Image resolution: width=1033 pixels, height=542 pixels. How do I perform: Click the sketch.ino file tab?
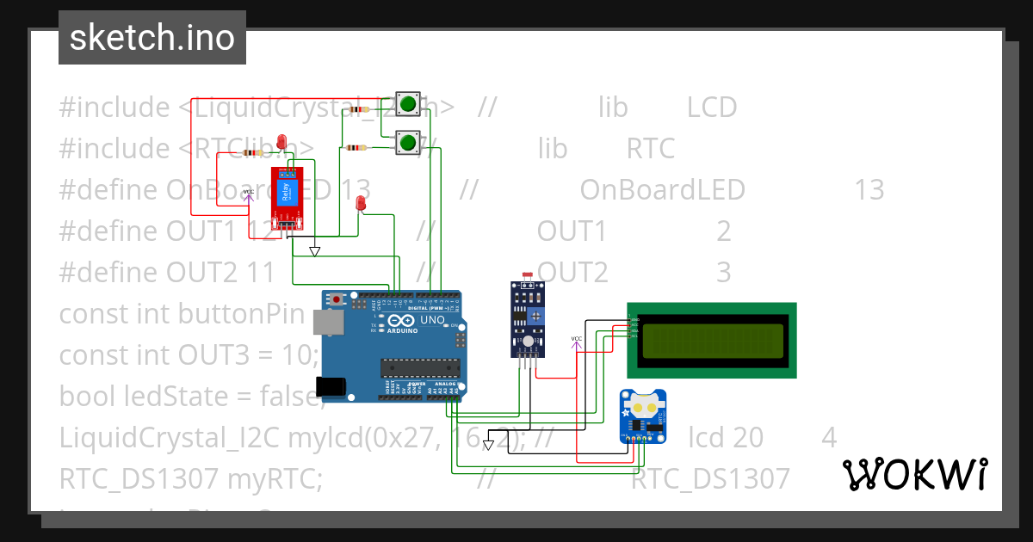tap(152, 38)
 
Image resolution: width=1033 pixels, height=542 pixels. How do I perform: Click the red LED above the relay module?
tap(281, 142)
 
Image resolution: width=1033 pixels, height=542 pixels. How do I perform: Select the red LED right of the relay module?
tap(361, 203)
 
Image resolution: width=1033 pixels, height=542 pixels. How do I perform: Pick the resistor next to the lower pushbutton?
tap(356, 148)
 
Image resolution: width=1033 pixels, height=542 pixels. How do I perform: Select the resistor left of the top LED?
tap(252, 153)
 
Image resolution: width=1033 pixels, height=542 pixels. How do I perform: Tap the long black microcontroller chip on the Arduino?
tap(420, 368)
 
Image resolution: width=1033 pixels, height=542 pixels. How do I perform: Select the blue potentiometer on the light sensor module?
tap(536, 317)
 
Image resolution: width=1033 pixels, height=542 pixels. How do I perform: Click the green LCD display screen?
tap(711, 340)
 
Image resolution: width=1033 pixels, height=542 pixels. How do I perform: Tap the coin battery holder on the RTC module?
tap(643, 403)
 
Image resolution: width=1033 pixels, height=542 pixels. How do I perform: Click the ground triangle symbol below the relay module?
tap(314, 251)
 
